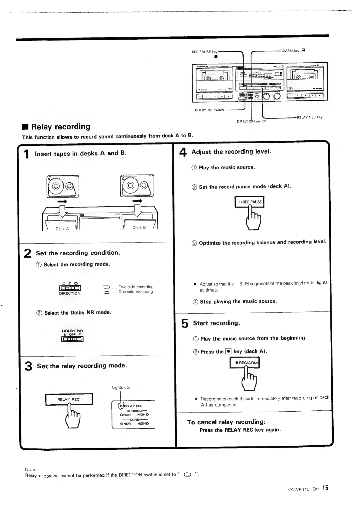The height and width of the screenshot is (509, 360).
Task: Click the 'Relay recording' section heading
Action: click(61, 127)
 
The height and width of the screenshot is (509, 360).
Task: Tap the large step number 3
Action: click(28, 366)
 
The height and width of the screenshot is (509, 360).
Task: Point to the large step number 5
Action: click(185, 324)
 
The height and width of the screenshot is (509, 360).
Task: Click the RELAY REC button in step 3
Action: click(69, 399)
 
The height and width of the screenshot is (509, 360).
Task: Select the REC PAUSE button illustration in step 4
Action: click(249, 202)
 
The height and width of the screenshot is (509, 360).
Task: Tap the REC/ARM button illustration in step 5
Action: click(245, 363)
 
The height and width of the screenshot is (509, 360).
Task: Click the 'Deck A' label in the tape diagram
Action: click(62, 229)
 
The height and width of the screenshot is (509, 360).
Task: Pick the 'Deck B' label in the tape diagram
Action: click(139, 227)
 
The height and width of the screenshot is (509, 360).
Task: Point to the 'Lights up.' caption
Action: click(121, 387)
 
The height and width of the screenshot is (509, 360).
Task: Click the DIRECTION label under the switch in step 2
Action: click(70, 293)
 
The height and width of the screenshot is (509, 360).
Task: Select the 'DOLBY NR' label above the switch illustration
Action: click(72, 331)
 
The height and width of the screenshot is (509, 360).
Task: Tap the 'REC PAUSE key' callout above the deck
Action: click(205, 52)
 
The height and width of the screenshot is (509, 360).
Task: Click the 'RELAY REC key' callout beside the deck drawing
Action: click(310, 117)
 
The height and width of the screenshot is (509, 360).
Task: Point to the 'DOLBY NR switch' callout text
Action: click(209, 110)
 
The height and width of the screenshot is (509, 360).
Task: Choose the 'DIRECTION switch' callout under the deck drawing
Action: click(251, 121)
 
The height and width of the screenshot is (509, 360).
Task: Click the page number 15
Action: click(325, 488)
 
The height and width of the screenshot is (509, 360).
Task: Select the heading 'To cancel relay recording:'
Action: click(226, 422)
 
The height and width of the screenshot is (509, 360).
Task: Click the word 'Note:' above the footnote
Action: click(31, 469)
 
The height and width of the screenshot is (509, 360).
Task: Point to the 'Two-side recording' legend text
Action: click(136, 287)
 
